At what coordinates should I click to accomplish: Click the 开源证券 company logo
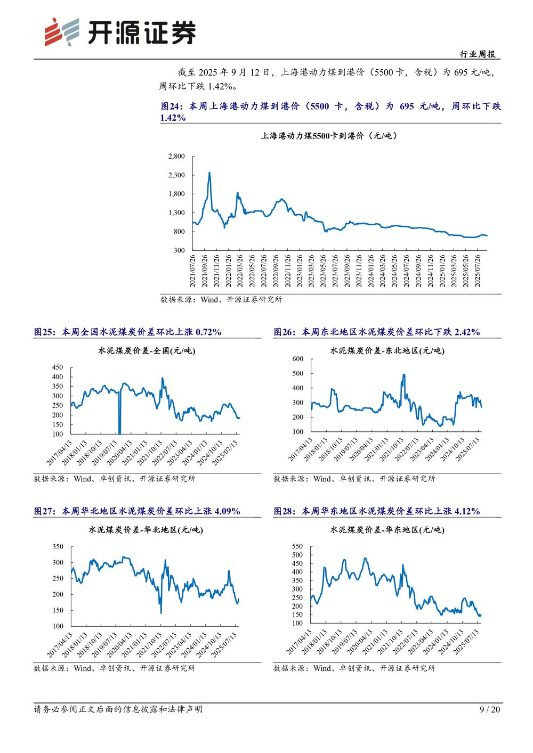click(x=120, y=32)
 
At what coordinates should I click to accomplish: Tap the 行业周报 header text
click(x=478, y=54)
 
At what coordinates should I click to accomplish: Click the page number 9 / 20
click(x=490, y=709)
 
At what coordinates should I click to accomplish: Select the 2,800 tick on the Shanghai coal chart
click(x=176, y=157)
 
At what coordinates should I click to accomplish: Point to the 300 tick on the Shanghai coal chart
click(x=179, y=250)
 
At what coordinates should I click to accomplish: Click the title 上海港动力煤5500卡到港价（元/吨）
click(x=329, y=136)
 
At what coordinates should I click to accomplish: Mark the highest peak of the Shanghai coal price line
click(x=209, y=173)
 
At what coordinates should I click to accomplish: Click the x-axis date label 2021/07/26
click(x=193, y=271)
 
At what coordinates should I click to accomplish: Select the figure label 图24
click(x=172, y=107)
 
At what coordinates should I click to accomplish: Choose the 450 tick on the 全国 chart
click(x=58, y=367)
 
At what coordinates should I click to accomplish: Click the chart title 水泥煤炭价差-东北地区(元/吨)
click(x=387, y=351)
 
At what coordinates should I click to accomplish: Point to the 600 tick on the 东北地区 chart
click(x=297, y=359)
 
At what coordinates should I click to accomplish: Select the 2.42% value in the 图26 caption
click(x=467, y=332)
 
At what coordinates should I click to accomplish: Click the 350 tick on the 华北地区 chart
click(x=58, y=547)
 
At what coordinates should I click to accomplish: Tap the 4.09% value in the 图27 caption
click(x=227, y=511)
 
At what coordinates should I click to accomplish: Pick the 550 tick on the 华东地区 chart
click(x=297, y=546)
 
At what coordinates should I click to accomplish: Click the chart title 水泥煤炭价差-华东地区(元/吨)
click(x=387, y=530)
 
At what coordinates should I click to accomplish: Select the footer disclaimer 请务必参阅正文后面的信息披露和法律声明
click(x=118, y=709)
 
